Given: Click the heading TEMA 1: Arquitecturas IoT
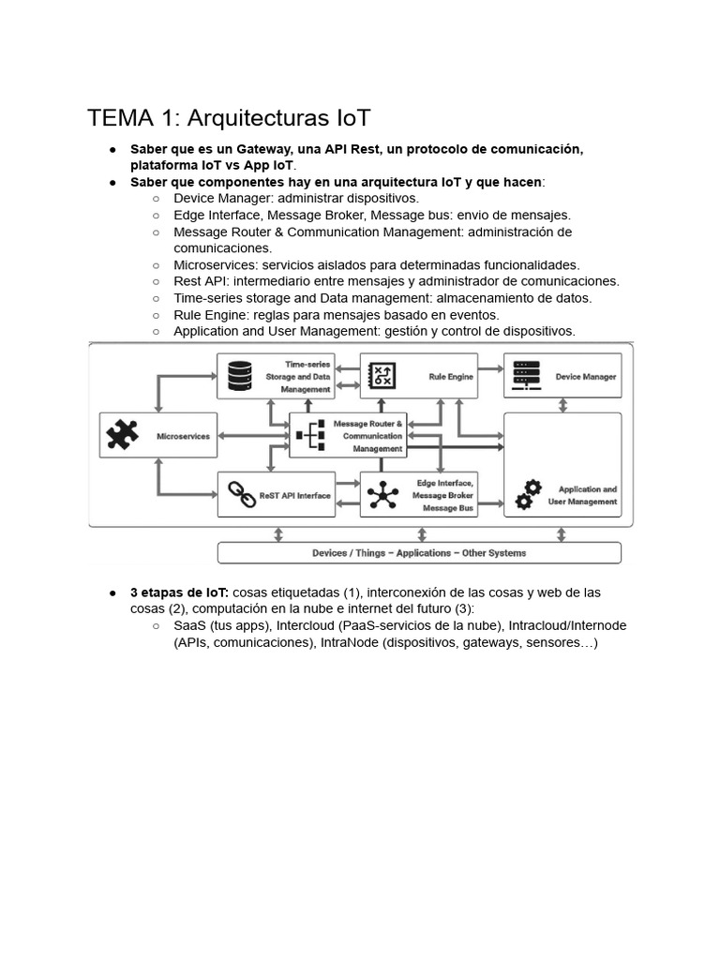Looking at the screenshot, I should click(x=229, y=118).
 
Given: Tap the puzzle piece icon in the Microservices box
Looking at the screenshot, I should click(x=123, y=436).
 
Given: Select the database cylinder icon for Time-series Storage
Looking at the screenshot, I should click(x=241, y=376).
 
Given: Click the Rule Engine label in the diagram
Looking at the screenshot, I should click(x=450, y=377).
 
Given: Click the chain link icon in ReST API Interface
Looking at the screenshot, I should click(x=244, y=495).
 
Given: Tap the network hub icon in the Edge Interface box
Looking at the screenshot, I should click(x=383, y=495).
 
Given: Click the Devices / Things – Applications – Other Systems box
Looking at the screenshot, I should click(x=419, y=553).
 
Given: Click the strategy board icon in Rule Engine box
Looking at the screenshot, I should click(x=383, y=376).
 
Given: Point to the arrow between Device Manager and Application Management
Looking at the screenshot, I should click(x=562, y=405).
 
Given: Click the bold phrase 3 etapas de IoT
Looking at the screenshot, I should click(x=179, y=592).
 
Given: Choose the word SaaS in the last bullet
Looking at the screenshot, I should click(x=190, y=625).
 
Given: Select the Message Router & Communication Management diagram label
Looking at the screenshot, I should click(x=372, y=436).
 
